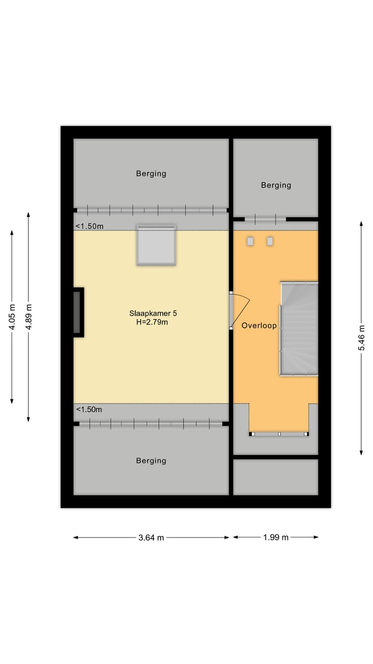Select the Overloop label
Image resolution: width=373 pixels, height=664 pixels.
coord(259,326)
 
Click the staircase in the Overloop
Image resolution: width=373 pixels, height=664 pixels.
coord(299,328)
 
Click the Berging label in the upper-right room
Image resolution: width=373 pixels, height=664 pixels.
coord(276,185)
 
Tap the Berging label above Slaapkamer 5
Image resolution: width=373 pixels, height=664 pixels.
coord(151,174)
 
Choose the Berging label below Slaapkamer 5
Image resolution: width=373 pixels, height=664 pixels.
coord(151,461)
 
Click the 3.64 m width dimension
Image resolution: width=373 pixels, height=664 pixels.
coord(151,538)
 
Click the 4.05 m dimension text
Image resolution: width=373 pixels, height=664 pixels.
coord(12,317)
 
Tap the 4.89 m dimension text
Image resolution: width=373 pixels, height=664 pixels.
coord(29,317)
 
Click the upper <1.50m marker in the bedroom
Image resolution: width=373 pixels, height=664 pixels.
coord(90,226)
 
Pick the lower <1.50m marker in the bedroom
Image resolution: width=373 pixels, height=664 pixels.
coord(90,410)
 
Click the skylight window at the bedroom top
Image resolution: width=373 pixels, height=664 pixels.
coord(156,245)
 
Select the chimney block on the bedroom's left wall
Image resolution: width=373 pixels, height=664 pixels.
coord(78,312)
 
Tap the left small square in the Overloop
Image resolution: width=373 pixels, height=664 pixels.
coord(251,241)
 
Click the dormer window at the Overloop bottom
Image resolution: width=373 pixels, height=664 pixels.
coord(279,434)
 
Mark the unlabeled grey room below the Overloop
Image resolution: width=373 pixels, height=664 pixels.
coord(276,477)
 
